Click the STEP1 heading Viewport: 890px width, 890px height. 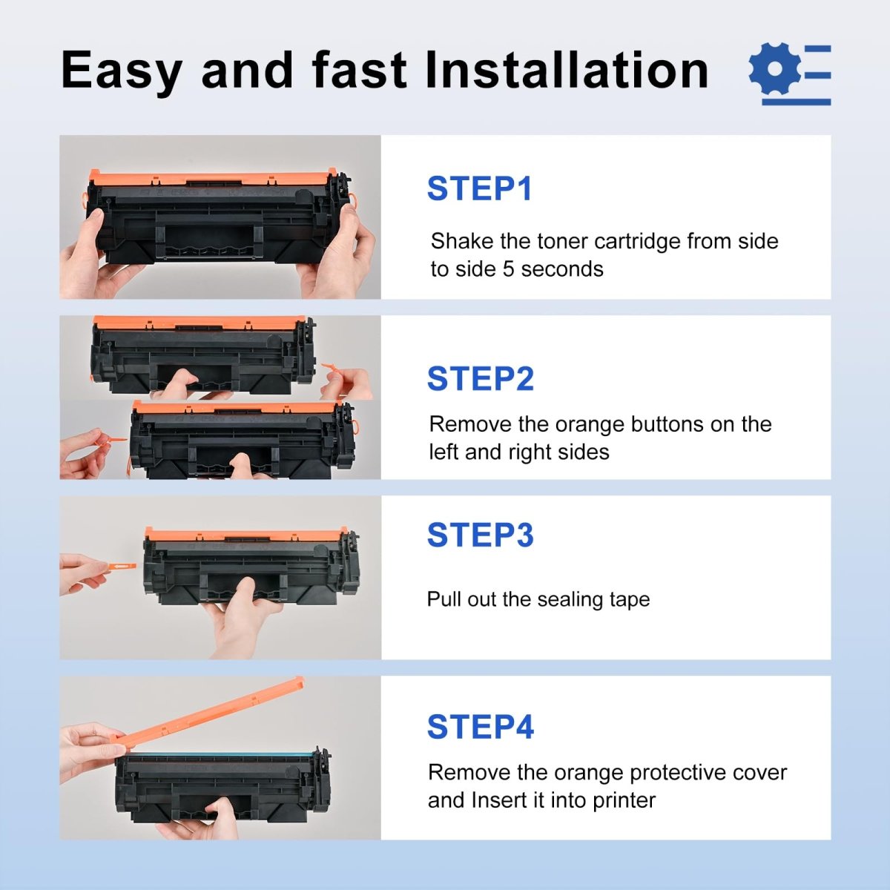pos(479,188)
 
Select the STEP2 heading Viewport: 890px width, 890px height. pos(480,379)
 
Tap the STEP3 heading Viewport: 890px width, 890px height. pos(480,535)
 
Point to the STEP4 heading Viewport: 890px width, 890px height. pos(480,727)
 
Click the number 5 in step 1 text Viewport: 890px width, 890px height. pos(508,268)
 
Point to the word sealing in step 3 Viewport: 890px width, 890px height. pos(571,599)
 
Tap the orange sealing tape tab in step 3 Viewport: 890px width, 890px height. pos(119,567)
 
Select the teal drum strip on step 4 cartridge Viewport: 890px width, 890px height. pos(215,754)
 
